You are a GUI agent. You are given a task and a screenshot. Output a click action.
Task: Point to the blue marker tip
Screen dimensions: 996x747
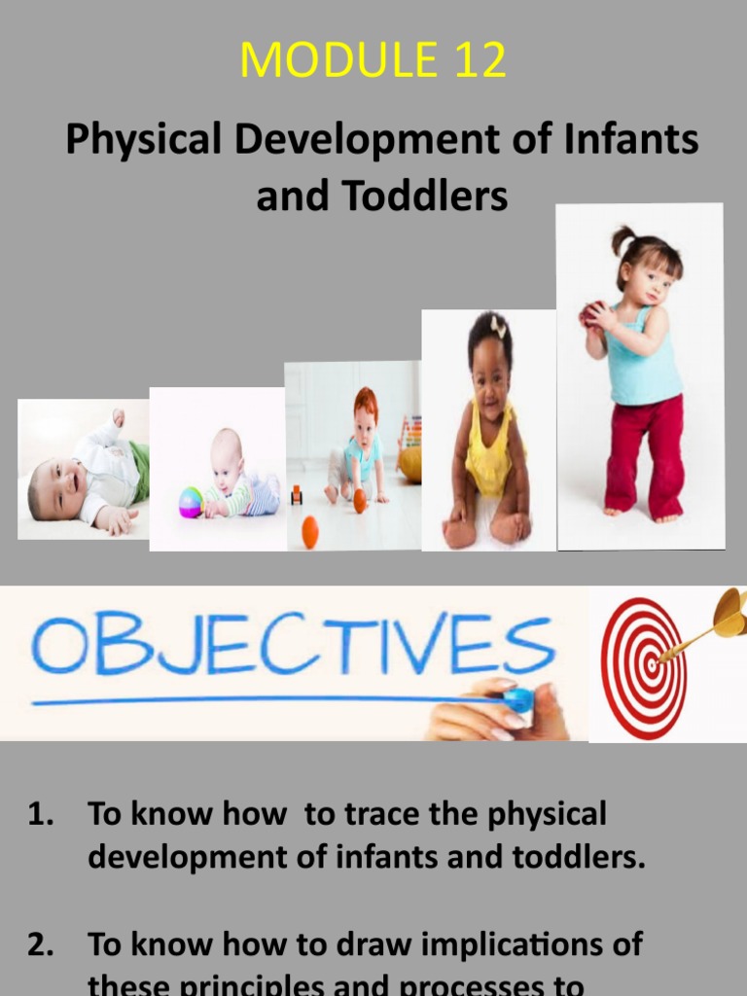point(521,699)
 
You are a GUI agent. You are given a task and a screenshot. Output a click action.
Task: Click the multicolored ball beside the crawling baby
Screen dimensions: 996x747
point(191,502)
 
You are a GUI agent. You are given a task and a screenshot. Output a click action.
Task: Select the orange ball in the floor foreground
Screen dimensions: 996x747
point(310,531)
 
